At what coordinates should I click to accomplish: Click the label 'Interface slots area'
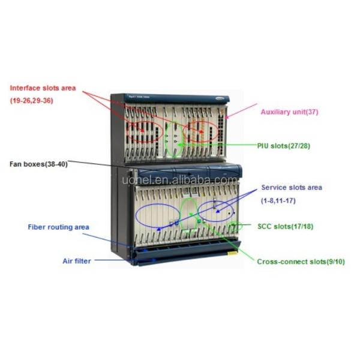tap(42, 88)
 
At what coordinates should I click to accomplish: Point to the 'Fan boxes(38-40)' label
tap(38, 163)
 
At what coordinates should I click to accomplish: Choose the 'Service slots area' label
tap(292, 187)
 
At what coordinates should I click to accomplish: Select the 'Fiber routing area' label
tap(59, 227)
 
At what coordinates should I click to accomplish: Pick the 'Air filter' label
tap(76, 261)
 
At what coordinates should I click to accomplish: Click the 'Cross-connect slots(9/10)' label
tap(301, 262)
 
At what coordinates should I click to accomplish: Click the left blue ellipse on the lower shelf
tap(157, 214)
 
